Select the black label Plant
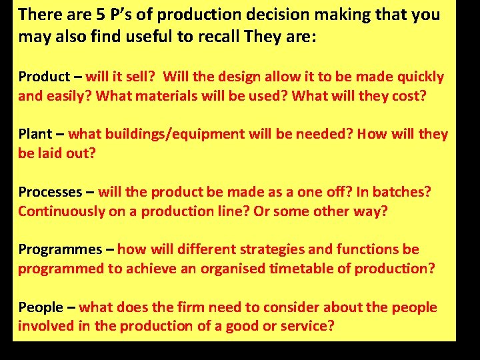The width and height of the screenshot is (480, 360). [x=34, y=134]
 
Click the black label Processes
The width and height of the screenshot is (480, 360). [x=49, y=192]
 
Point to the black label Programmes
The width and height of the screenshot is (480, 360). [x=59, y=250]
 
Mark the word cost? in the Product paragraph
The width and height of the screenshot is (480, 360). [x=403, y=95]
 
